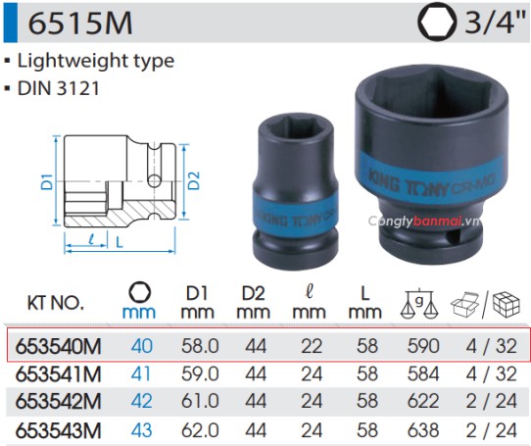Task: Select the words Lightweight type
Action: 96,60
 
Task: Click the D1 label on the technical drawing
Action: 45,180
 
